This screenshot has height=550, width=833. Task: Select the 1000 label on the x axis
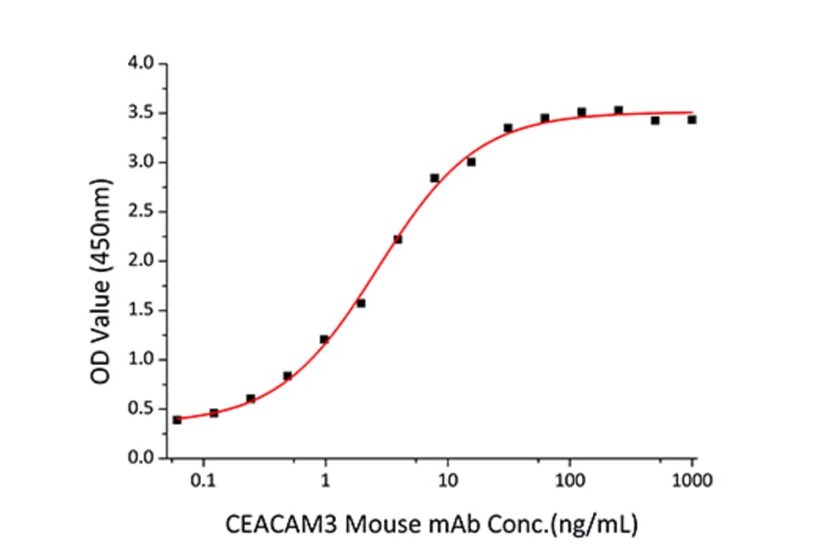click(692, 481)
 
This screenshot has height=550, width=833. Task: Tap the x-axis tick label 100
click(570, 481)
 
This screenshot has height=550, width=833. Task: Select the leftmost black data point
click(177, 419)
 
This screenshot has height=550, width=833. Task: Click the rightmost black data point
click(691, 119)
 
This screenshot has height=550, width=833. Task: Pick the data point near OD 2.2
click(398, 240)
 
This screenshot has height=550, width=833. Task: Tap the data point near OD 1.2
click(324, 339)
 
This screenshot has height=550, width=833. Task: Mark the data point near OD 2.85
click(434, 178)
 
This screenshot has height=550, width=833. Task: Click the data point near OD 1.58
click(361, 303)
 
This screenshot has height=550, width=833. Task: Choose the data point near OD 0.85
click(288, 376)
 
